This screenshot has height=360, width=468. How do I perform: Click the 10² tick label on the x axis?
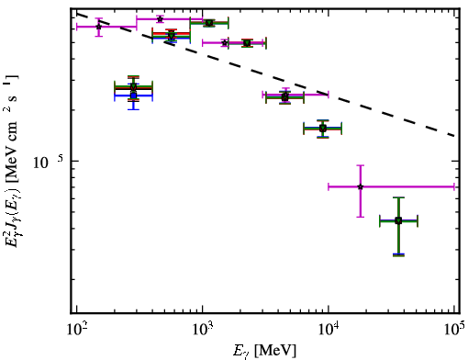click(x=77, y=329)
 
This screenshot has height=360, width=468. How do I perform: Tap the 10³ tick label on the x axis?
click(x=203, y=329)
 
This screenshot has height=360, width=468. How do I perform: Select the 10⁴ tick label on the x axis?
click(x=329, y=329)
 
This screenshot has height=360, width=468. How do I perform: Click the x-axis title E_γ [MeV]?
click(x=264, y=351)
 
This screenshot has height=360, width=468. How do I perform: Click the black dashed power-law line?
click(x=266, y=74)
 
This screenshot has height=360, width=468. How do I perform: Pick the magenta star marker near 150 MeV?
click(x=98, y=27)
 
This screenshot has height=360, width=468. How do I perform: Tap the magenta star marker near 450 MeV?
click(x=160, y=19)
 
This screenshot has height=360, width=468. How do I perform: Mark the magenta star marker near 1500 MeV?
click(x=225, y=43)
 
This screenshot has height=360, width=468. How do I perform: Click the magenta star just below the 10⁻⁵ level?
click(x=361, y=186)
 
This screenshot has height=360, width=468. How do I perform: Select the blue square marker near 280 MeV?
click(x=133, y=96)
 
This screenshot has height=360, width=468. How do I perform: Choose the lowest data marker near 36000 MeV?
click(x=398, y=220)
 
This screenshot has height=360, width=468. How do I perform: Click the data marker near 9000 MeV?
click(x=323, y=129)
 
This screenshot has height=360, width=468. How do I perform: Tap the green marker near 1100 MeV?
click(x=209, y=23)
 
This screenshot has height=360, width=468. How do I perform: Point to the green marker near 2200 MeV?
click(x=247, y=43)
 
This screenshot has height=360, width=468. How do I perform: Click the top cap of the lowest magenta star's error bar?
click(x=361, y=165)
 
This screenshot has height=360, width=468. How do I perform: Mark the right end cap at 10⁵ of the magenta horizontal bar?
click(x=454, y=186)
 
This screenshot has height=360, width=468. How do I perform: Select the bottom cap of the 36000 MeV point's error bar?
click(x=398, y=254)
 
